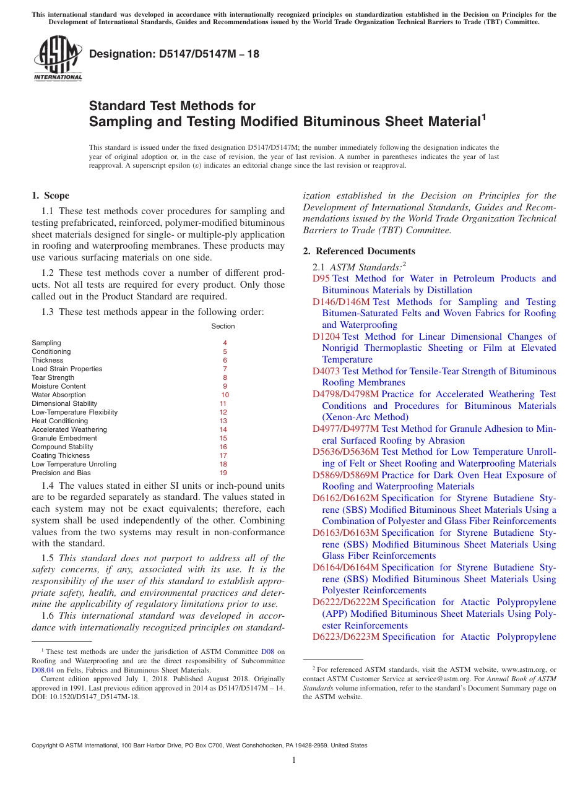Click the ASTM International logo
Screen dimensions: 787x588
tap(57, 59)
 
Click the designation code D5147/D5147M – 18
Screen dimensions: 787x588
tap(174, 54)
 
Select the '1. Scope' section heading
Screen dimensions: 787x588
tap(50, 196)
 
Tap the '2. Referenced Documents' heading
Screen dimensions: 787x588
tap(359, 251)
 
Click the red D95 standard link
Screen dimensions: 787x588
tap(321, 278)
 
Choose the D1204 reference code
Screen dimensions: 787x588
tap(326, 337)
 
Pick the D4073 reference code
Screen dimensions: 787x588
tap(326, 371)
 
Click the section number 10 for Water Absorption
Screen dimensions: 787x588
tap(225, 395)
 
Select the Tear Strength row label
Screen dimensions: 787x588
tap(53, 377)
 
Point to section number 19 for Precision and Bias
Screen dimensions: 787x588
tap(223, 473)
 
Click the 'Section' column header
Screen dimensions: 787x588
tap(223, 326)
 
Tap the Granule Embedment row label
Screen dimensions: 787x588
tap(64, 438)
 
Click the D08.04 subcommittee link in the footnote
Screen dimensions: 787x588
tap(43, 669)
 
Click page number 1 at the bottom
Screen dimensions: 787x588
tap(294, 760)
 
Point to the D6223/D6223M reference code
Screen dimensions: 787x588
tap(346, 637)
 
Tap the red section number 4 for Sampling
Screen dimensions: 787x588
tap(225, 343)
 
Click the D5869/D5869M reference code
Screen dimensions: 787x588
tap(345, 475)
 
